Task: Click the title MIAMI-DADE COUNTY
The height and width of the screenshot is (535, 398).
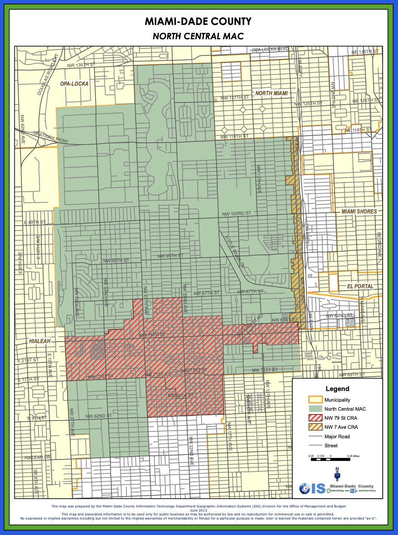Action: [198, 22]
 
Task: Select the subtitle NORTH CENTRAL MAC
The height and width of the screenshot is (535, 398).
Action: [198, 36]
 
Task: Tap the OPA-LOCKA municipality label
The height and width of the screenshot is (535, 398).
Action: [74, 83]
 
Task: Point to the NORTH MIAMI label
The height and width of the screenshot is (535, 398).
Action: [271, 93]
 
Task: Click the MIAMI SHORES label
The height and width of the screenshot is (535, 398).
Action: [359, 212]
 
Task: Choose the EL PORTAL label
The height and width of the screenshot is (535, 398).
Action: [360, 286]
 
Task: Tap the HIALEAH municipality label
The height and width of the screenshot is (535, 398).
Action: [40, 341]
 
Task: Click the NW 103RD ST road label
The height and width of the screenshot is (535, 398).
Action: [236, 213]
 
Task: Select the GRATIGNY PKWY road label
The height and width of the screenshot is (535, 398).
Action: [51, 138]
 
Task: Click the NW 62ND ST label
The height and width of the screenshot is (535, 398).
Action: [99, 416]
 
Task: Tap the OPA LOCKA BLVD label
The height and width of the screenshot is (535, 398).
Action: [270, 49]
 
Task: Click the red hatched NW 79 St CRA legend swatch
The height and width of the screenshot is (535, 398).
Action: [315, 418]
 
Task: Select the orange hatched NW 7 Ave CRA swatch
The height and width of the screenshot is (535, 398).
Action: [315, 427]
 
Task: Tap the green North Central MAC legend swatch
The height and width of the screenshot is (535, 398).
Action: [315, 409]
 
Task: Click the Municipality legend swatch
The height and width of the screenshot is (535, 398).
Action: [315, 400]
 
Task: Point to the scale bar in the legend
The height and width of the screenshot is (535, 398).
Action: [330, 459]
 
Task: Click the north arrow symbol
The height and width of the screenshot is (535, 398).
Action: [337, 474]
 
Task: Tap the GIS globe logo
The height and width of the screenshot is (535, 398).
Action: [305, 489]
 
